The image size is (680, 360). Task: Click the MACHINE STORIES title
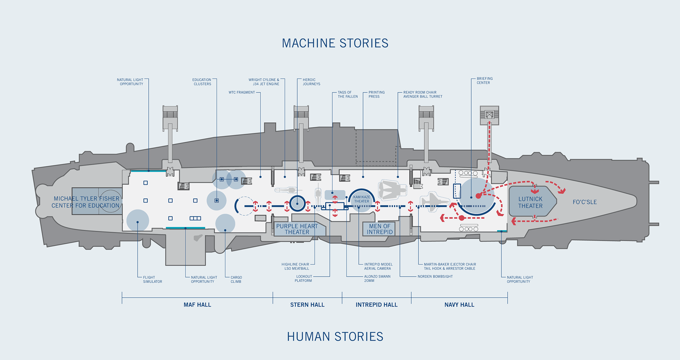[335, 43]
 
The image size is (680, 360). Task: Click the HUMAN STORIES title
[335, 337]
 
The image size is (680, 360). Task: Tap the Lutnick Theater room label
[530, 202]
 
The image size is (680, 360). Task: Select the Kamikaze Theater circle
[361, 200]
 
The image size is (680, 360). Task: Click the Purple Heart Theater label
[297, 229]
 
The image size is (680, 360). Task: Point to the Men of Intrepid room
[379, 229]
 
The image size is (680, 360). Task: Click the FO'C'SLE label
[585, 202]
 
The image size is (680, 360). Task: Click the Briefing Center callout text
[485, 81]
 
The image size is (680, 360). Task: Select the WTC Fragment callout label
[242, 92]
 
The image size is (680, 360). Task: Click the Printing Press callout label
[376, 94]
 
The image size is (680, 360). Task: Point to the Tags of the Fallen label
[348, 94]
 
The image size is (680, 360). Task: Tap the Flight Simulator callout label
[153, 280]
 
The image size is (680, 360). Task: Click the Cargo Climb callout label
[236, 280]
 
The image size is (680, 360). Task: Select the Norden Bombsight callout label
[435, 277]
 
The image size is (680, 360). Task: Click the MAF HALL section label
[197, 305]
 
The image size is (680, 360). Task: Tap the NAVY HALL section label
[459, 305]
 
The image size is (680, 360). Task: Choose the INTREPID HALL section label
[376, 305]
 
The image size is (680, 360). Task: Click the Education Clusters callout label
[202, 82]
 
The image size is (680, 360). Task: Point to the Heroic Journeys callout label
[311, 82]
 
